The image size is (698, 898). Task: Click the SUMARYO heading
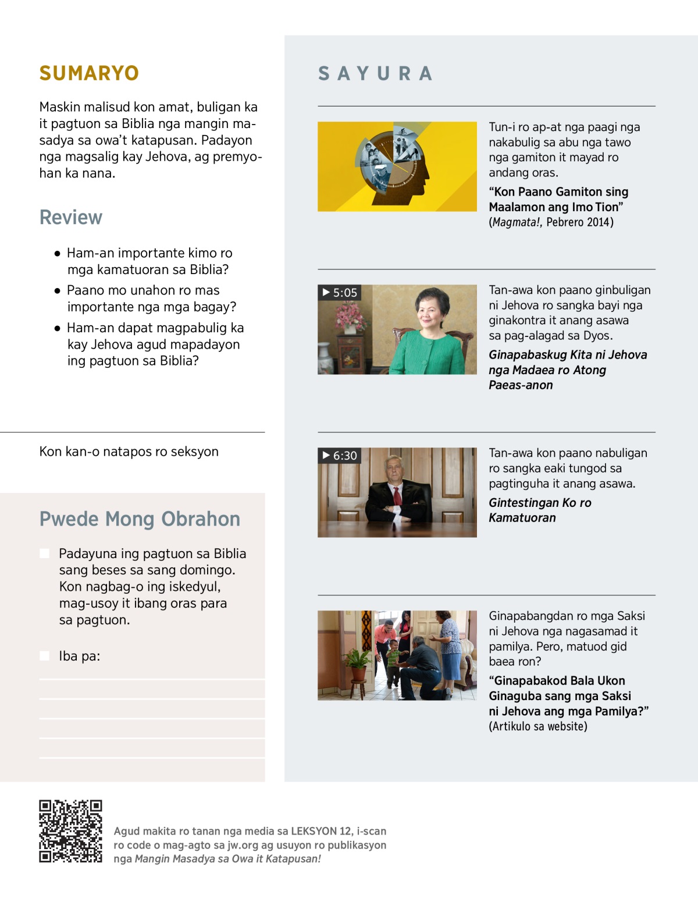[x=89, y=73]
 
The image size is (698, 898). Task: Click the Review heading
[x=70, y=217]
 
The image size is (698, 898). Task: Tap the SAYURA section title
[x=375, y=74]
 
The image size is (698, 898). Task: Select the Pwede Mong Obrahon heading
[x=140, y=519]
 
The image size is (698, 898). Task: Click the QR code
[x=70, y=831]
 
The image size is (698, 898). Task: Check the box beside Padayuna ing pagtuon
[x=44, y=553]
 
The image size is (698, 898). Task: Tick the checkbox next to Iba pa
[x=44, y=656]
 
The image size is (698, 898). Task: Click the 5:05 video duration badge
[x=340, y=293]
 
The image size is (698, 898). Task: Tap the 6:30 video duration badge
[x=340, y=456]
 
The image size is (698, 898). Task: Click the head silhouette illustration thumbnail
[x=397, y=166]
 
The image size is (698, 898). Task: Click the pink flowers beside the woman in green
[x=350, y=317]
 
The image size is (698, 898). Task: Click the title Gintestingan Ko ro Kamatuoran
[x=539, y=510]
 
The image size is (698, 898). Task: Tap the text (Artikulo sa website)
[x=538, y=726]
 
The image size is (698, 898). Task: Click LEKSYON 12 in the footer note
[x=321, y=831]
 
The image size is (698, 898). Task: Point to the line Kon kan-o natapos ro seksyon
[x=129, y=452]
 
